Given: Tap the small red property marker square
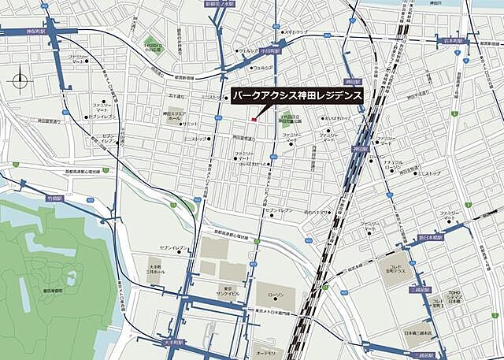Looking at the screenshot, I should point(253,119).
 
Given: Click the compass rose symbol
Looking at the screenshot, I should point(19,80).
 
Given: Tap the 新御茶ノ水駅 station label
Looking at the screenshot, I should point(220,4).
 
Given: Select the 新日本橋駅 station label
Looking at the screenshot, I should point(431,236).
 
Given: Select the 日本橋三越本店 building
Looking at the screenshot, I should point(416,334).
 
